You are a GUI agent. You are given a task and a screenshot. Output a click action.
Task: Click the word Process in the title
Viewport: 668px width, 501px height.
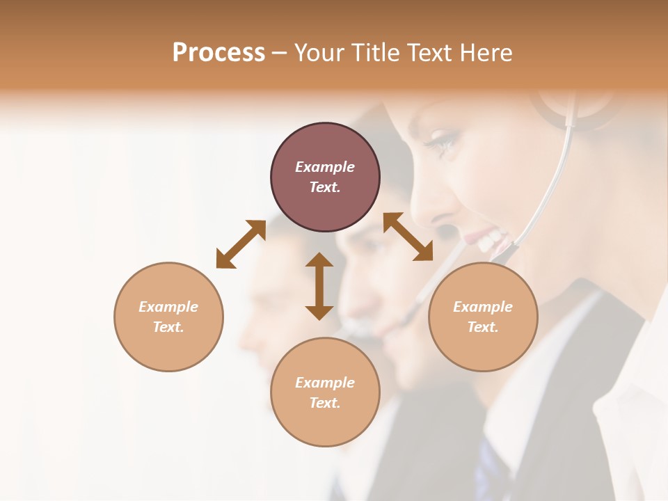coord(218,53)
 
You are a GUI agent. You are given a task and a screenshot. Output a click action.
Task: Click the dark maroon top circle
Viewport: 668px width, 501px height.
coord(325,177)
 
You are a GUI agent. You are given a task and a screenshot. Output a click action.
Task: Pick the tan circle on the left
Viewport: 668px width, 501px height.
coord(168,317)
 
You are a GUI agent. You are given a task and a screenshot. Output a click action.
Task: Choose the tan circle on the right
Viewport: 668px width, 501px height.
coord(483,317)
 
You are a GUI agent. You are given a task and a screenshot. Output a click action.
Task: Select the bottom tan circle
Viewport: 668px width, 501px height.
coord(325,392)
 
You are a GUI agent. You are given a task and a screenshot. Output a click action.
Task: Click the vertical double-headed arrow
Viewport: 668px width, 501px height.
coord(319,286)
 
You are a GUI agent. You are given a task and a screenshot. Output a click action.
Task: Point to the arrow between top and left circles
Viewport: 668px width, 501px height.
coord(241,244)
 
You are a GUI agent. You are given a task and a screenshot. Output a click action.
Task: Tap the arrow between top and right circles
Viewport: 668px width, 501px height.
coord(408,237)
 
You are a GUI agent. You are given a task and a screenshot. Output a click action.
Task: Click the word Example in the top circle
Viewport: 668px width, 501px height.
coord(325,167)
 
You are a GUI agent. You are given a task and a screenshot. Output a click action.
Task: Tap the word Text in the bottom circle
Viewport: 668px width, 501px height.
coord(325,403)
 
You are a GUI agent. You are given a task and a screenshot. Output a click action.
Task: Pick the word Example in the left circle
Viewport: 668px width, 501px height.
coord(168,307)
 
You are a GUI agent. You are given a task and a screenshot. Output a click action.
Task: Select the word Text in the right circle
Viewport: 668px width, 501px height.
coord(483,327)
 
